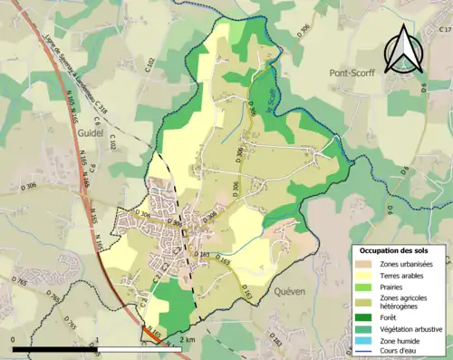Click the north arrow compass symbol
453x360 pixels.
(x=401, y=50)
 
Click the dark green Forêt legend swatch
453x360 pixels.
(x=362, y=316)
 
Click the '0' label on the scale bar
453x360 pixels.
(x=13, y=339)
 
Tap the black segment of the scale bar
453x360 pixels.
(x=54, y=348)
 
